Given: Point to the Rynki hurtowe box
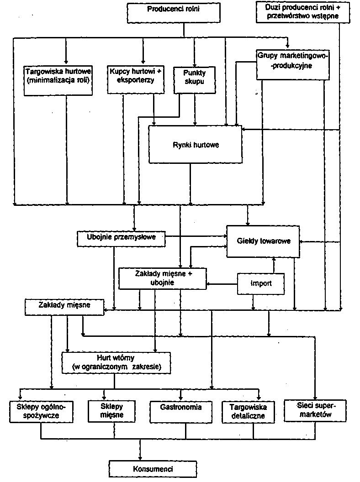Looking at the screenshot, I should pyautogui.click(x=196, y=145).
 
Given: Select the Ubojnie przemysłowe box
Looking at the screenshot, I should pyautogui.click(x=121, y=238).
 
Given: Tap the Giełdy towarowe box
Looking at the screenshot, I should pyautogui.click(x=264, y=241).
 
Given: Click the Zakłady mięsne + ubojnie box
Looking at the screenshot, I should pyautogui.click(x=163, y=278).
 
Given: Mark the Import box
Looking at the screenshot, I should pyautogui.click(x=261, y=283).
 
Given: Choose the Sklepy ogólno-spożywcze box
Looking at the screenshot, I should pyautogui.click(x=42, y=411).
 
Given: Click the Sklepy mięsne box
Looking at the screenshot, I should pyautogui.click(x=111, y=411).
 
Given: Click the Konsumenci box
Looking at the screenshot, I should pyautogui.click(x=147, y=469).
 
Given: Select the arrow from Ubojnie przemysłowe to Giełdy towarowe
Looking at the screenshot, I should pyautogui.click(x=196, y=236).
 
